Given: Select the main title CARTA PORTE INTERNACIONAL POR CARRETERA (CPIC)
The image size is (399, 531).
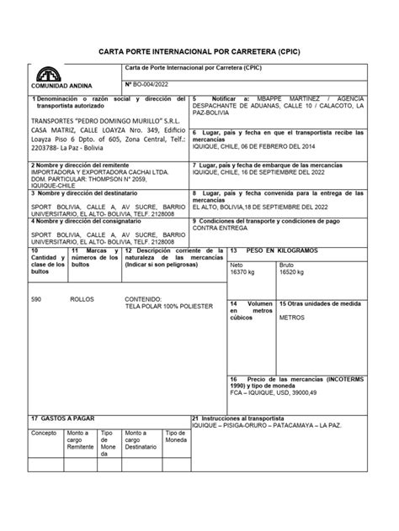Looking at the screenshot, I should [x=199, y=51].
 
